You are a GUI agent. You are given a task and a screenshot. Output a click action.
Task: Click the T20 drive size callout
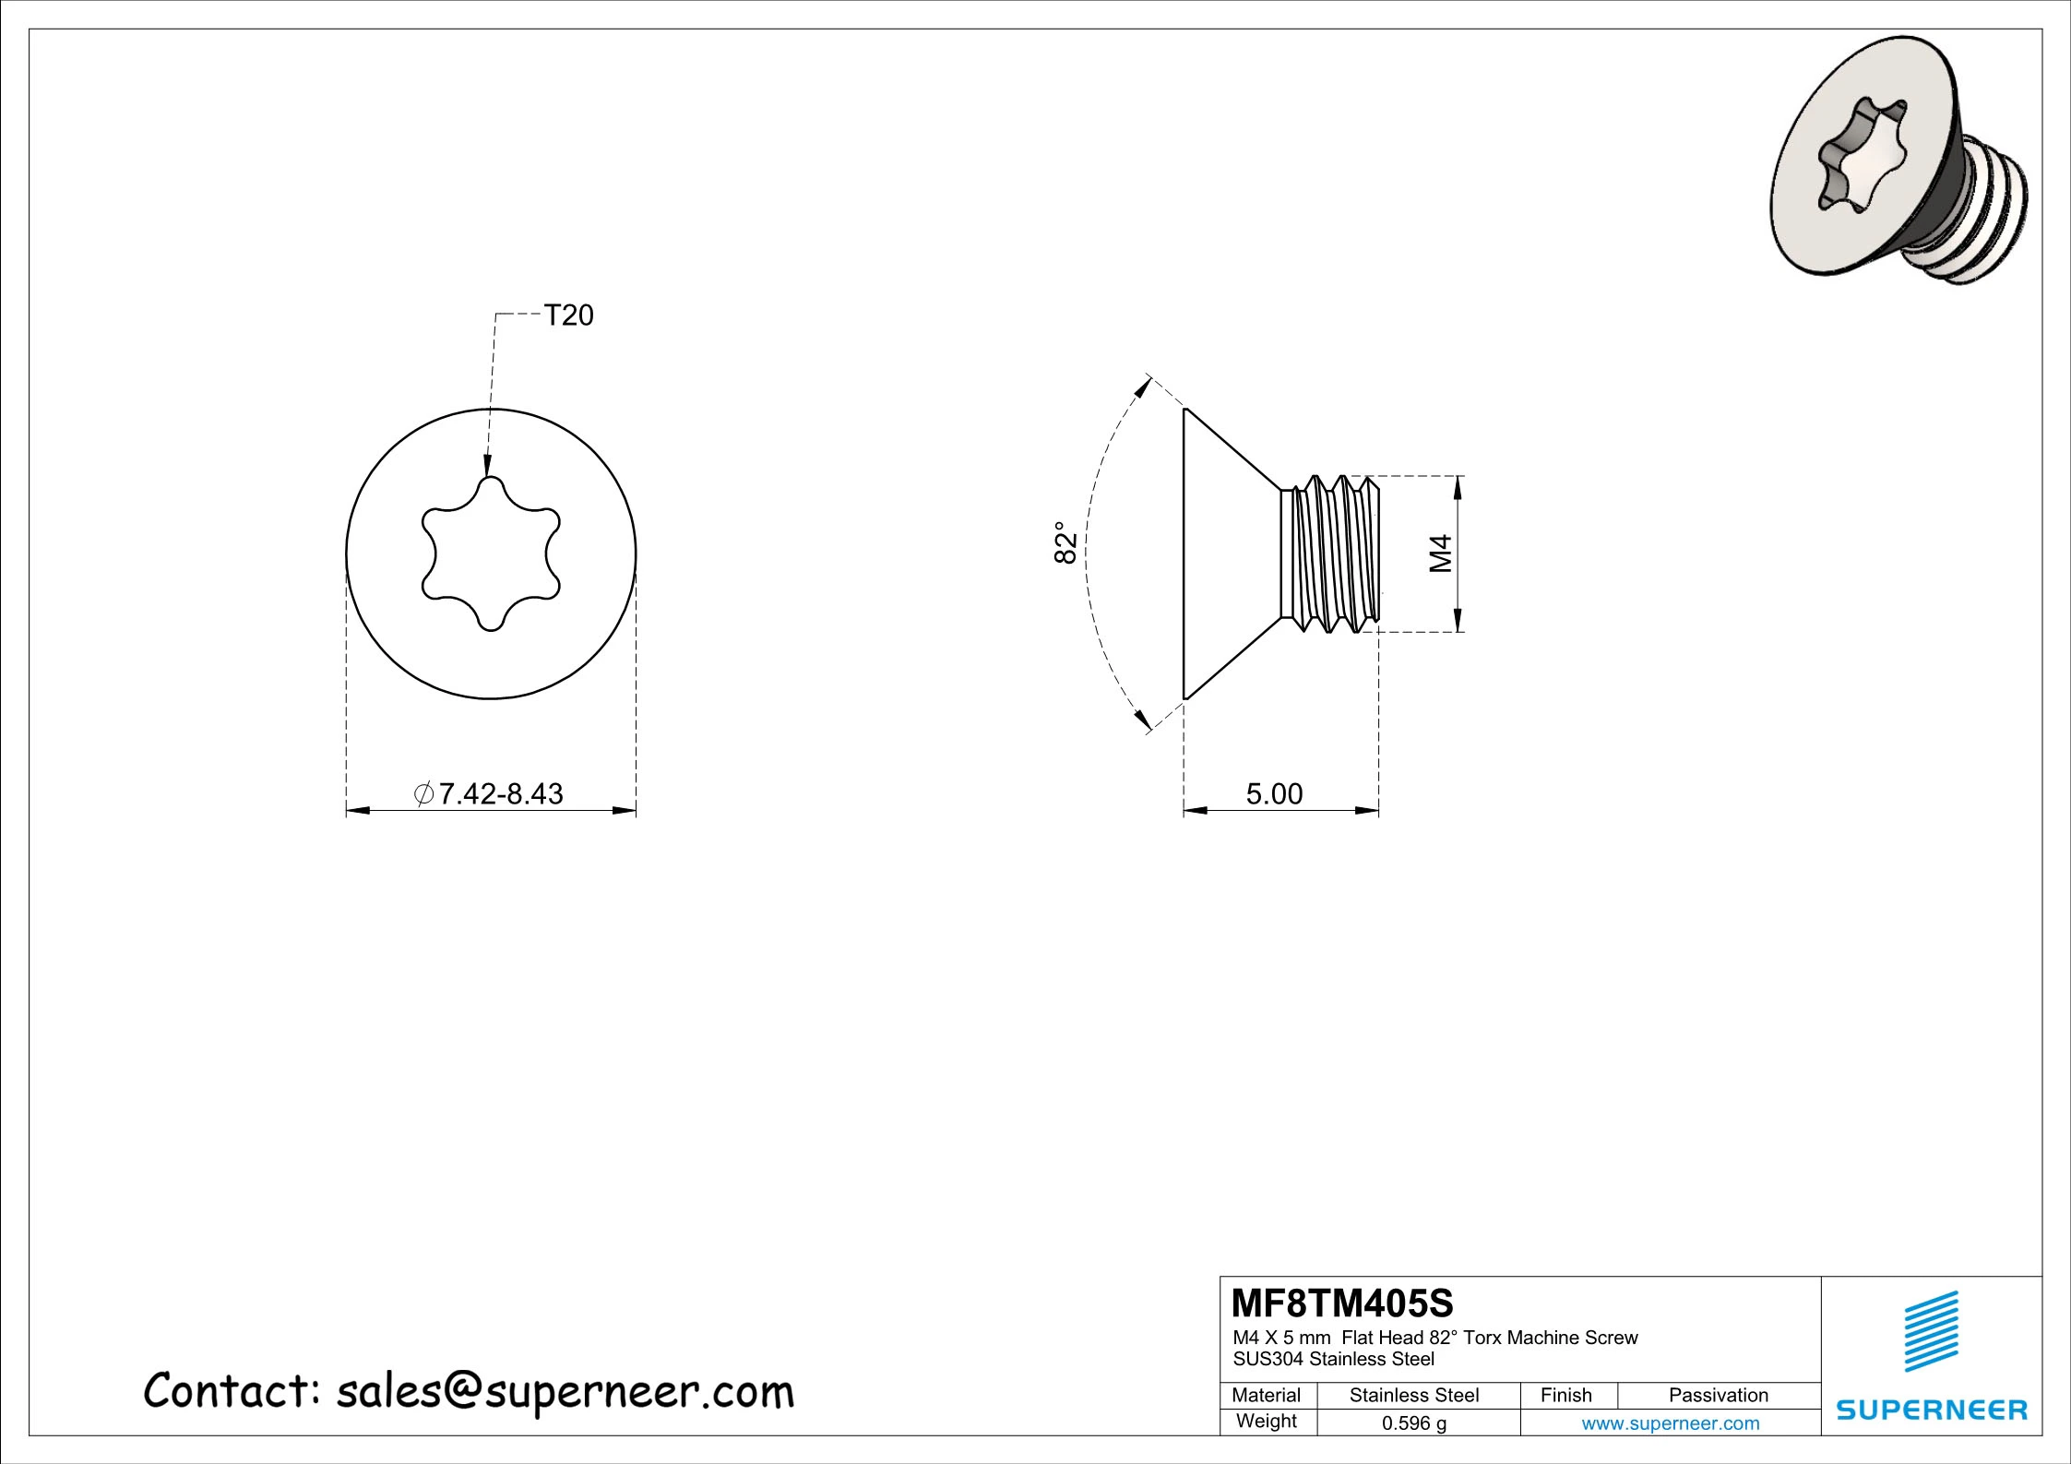click(568, 315)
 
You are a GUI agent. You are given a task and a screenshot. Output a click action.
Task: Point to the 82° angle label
click(1065, 542)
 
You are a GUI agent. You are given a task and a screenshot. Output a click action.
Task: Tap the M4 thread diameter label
click(1441, 553)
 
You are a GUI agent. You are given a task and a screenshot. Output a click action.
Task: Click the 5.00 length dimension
click(1274, 793)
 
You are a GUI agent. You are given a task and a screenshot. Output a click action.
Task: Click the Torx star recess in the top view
click(492, 553)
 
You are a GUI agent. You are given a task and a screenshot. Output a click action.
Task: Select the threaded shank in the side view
click(1332, 553)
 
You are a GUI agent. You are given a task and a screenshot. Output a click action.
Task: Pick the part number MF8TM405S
click(1342, 1303)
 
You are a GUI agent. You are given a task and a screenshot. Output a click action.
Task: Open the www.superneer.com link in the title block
click(1670, 1422)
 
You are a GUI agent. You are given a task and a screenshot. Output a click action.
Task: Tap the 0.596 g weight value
click(1413, 1422)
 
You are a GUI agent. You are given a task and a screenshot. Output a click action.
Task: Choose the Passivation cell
click(1718, 1395)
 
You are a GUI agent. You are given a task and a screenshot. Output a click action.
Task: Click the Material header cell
click(1266, 1395)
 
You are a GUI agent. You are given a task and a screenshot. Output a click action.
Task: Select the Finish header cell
click(1565, 1395)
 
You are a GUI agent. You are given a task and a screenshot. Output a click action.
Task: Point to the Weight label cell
click(1266, 1421)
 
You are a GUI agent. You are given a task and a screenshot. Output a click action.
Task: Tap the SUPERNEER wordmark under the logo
click(1932, 1410)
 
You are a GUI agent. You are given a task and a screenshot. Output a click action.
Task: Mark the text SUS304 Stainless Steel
click(1334, 1359)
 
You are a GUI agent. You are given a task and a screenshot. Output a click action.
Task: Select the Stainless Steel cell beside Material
click(1413, 1395)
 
